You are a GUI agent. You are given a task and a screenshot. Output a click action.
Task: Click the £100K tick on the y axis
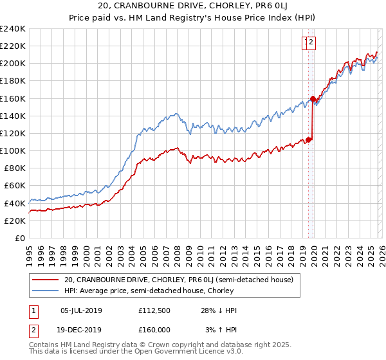(x=12, y=150)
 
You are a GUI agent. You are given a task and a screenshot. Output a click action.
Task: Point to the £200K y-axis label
(x=12, y=64)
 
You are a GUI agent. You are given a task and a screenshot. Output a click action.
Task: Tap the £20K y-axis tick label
(x=14, y=221)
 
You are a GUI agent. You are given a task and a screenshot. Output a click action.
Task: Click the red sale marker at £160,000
(x=313, y=99)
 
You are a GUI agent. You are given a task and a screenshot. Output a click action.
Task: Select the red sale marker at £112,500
(x=308, y=139)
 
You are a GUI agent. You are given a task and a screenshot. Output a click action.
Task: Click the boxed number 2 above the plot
(x=311, y=43)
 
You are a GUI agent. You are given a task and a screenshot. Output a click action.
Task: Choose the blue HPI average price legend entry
(x=148, y=291)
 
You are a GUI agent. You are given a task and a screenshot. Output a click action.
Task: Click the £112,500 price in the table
(x=154, y=310)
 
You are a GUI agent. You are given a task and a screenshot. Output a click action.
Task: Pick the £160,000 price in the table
(x=154, y=329)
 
